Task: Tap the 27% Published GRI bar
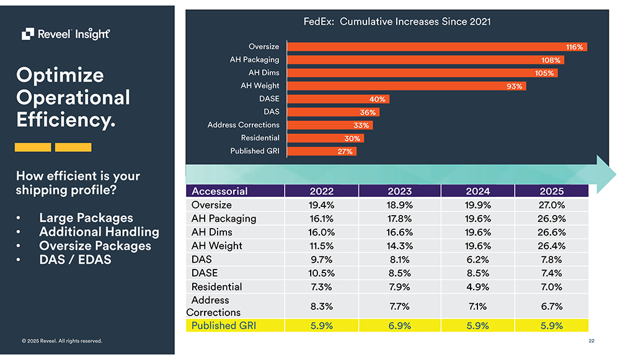click(322, 151)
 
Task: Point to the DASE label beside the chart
click(269, 99)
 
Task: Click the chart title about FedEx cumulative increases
click(397, 22)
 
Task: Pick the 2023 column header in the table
click(399, 191)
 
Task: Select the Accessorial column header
click(220, 191)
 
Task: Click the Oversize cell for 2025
click(551, 205)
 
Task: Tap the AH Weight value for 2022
click(322, 246)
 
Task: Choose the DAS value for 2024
click(477, 260)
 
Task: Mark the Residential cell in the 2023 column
click(399, 287)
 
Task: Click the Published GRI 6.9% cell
click(399, 325)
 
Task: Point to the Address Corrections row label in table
click(215, 306)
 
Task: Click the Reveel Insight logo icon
click(28, 34)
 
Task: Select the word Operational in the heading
click(73, 98)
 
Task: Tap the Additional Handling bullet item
click(99, 232)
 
